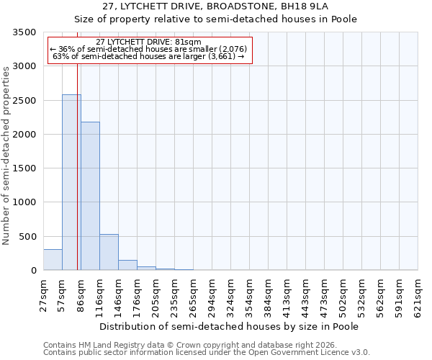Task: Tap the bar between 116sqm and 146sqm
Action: pos(109,252)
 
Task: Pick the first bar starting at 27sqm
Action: pos(53,260)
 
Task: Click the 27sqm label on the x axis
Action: pos(43,295)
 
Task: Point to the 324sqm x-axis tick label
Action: pos(231,295)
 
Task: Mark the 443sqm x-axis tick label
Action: pos(306,295)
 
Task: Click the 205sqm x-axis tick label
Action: pos(156,295)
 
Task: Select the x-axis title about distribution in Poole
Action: pos(229,326)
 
